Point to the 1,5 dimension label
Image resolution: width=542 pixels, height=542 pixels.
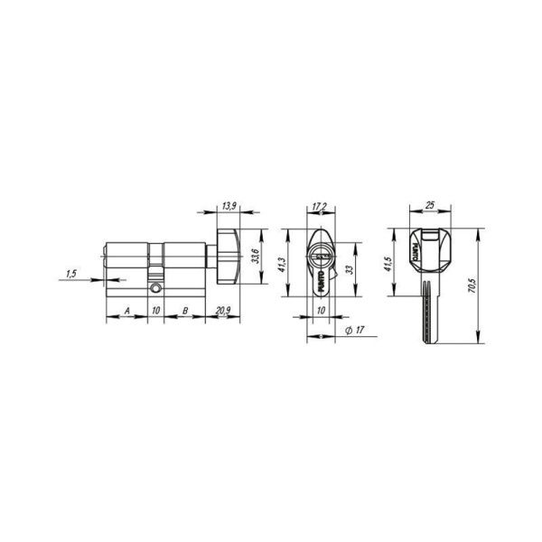[x=70, y=272]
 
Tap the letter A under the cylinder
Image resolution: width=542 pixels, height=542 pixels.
[x=127, y=310]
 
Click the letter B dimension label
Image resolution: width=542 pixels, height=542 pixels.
[x=184, y=310]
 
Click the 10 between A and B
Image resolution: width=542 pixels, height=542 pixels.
[x=155, y=310]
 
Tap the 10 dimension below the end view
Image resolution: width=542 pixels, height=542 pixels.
[x=320, y=310]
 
